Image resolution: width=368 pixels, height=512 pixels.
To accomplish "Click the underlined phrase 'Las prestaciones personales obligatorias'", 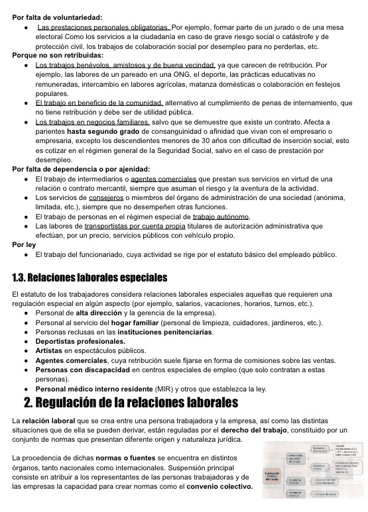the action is [103, 27].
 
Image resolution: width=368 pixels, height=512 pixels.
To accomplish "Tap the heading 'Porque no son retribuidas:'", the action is [58, 56].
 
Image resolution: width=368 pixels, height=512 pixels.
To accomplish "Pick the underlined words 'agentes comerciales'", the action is [163, 179].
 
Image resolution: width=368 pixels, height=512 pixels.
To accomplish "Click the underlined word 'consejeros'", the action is [106, 197].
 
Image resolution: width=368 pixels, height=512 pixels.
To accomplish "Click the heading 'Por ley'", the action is [24, 244].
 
